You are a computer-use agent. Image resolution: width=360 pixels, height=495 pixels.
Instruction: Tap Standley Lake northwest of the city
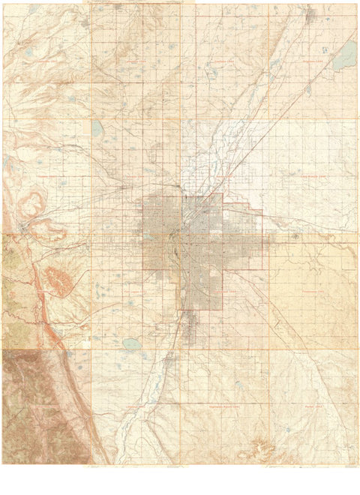click(x=98, y=128)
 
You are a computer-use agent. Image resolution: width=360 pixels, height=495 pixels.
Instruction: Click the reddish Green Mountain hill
click(x=58, y=279)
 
